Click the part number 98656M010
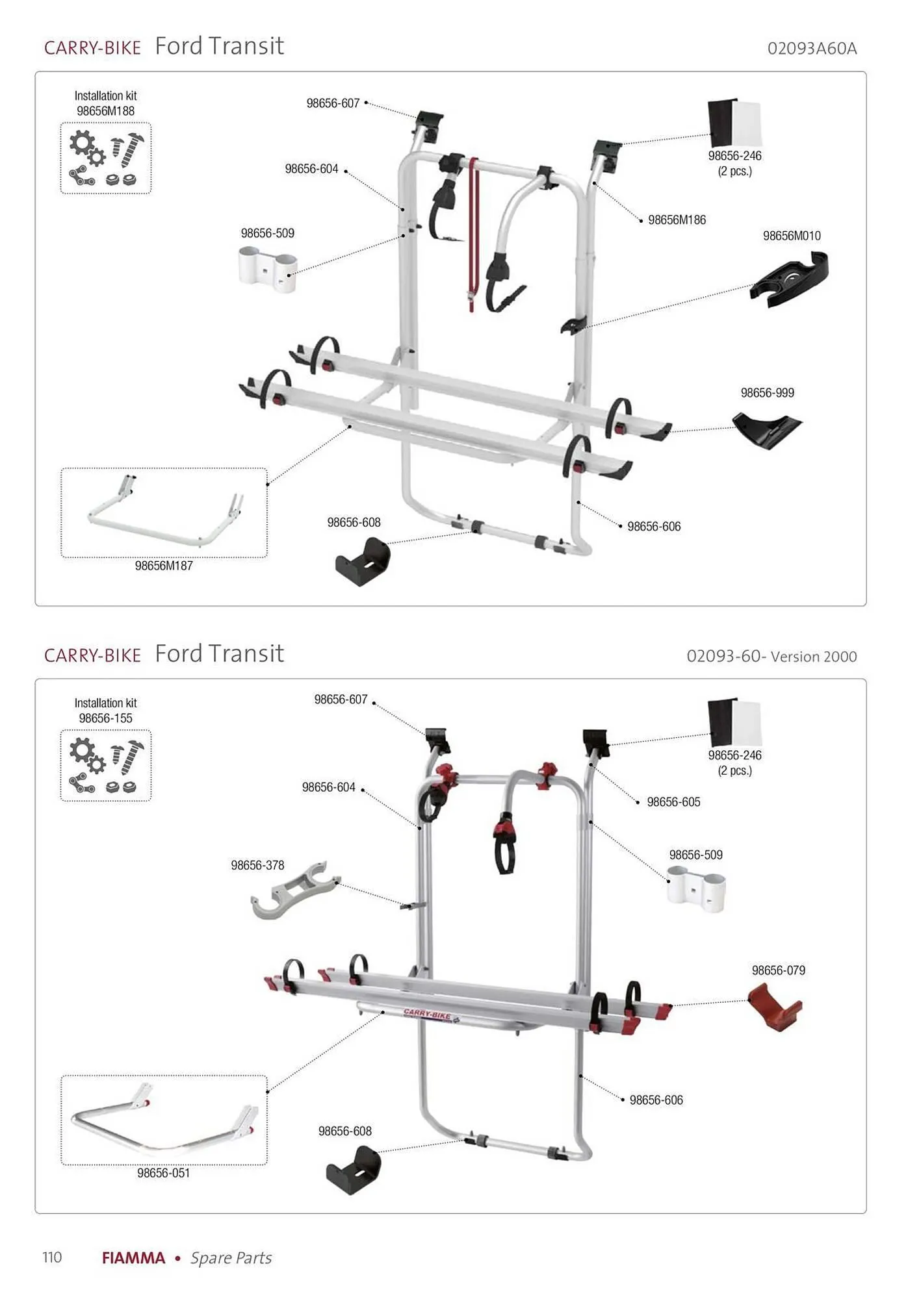[792, 236]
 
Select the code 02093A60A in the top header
[812, 49]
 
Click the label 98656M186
[677, 220]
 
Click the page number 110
[52, 1257]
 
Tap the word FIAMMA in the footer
[133, 1258]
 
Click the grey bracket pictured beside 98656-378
[295, 890]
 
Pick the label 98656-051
[163, 1173]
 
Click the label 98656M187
[164, 566]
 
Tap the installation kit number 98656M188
[105, 111]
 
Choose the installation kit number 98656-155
[105, 718]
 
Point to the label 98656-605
[673, 802]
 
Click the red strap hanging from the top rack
[473, 234]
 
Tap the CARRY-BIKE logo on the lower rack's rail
[430, 1015]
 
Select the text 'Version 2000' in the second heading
[814, 657]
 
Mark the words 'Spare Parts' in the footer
[231, 1258]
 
